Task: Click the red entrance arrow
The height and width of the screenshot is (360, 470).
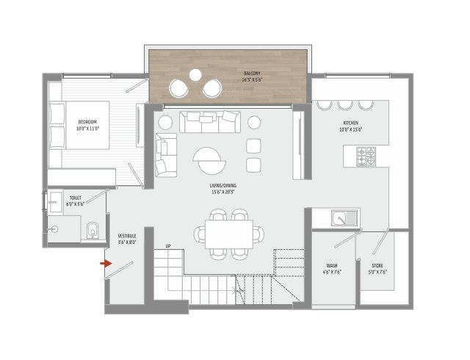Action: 106,262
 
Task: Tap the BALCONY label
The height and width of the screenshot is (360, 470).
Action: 253,74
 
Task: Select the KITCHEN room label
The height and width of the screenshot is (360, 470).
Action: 350,124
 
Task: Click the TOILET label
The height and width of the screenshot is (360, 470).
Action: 75,198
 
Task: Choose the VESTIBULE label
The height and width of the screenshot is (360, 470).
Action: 126,236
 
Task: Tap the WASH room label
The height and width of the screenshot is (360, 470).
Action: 332,265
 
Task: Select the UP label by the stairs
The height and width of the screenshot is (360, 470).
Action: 168,245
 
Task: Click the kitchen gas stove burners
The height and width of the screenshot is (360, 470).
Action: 365,156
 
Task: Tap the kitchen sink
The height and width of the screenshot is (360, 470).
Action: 342,217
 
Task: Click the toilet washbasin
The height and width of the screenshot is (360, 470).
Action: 56,200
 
